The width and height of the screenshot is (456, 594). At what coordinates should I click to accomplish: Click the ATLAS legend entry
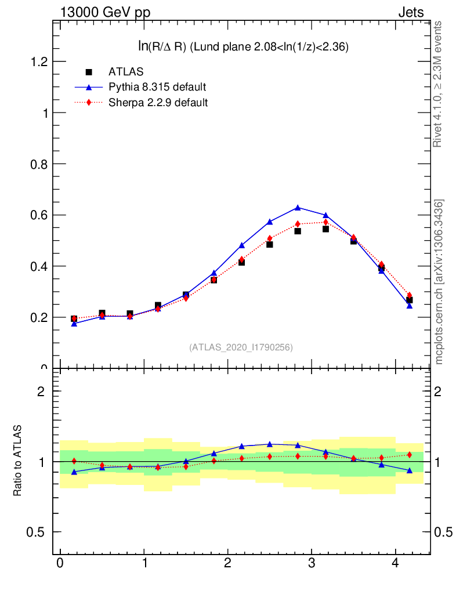point(126,72)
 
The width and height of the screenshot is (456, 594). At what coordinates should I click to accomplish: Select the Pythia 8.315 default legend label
point(157,88)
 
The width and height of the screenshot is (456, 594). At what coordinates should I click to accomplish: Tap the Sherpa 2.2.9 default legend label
point(158,103)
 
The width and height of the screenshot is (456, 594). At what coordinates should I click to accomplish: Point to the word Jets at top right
point(410,12)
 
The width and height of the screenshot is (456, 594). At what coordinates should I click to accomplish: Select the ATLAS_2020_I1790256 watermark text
point(241,347)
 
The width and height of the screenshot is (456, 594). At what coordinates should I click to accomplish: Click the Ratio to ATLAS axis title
point(18,461)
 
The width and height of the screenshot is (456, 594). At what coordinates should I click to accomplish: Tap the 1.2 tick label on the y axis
point(38,62)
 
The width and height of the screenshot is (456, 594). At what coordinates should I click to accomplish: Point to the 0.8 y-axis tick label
point(38,164)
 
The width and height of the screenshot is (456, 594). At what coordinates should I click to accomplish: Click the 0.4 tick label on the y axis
point(38,266)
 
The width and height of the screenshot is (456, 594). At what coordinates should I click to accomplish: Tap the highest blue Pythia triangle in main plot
point(298,207)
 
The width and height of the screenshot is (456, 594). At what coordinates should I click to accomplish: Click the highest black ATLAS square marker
point(325,229)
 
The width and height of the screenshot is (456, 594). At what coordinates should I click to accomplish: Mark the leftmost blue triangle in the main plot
point(74,324)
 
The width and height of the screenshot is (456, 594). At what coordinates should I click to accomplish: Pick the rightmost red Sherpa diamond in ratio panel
point(409,455)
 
